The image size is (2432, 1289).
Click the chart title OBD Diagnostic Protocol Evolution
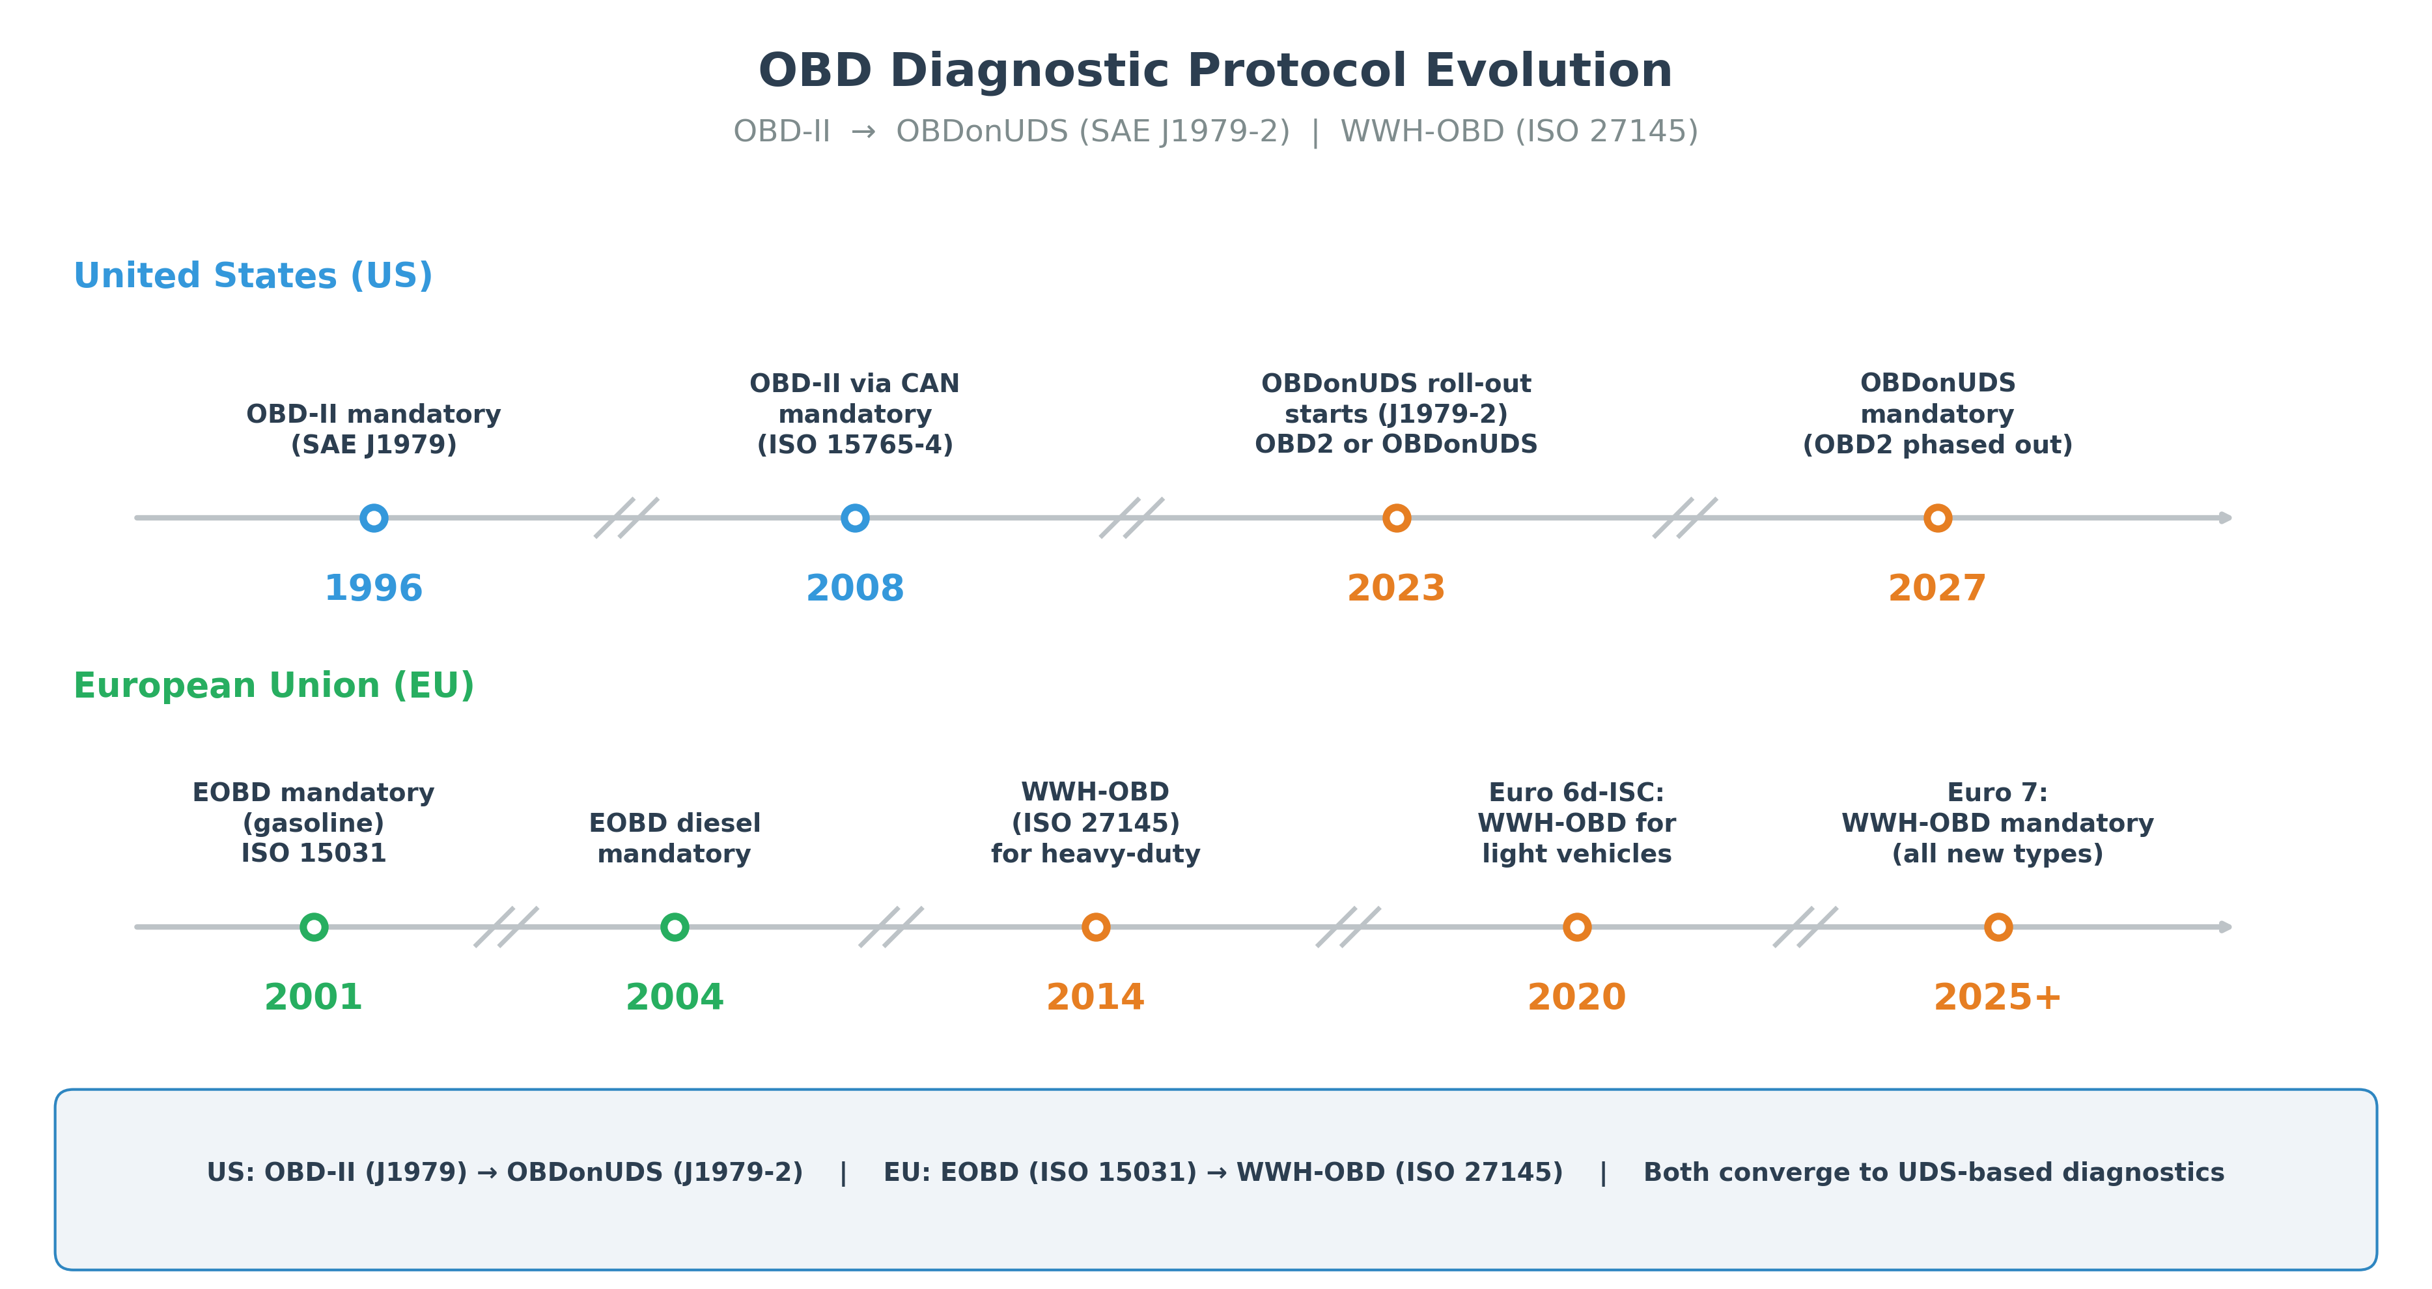tap(1215, 71)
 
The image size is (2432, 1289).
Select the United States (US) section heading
tap(253, 276)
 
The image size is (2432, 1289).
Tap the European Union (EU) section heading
tap(273, 686)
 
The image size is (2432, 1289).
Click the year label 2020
tap(1576, 997)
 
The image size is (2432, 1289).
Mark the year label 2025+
tap(1997, 997)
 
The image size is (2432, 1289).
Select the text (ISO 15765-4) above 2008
tap(854, 445)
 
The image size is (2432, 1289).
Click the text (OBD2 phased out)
tap(1937, 445)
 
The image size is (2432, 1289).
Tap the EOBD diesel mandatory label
tap(674, 838)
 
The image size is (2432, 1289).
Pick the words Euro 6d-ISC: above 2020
tap(1576, 792)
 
